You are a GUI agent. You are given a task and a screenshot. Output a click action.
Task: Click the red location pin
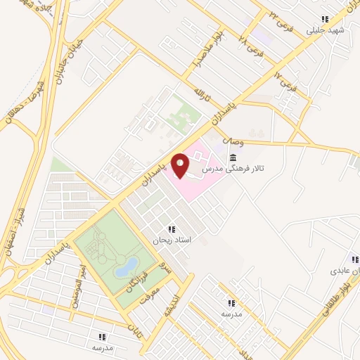181,165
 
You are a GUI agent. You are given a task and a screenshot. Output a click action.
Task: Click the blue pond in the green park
127,266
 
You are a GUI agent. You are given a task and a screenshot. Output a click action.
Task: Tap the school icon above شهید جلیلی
324,19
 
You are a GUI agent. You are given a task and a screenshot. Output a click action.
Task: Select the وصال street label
233,141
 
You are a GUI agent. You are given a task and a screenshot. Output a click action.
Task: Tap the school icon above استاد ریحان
172,229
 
